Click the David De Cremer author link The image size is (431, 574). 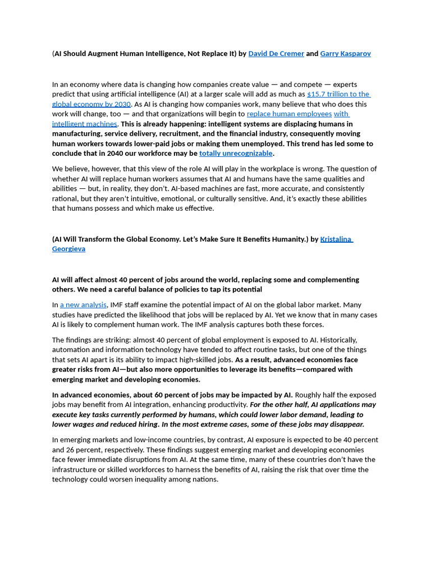tap(276, 54)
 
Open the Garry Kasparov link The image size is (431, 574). tap(345, 54)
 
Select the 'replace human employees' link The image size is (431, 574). tap(289, 114)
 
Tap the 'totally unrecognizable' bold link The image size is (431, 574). tap(236, 153)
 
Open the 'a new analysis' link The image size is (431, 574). tap(83, 304)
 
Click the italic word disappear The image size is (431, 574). tap(345, 424)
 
